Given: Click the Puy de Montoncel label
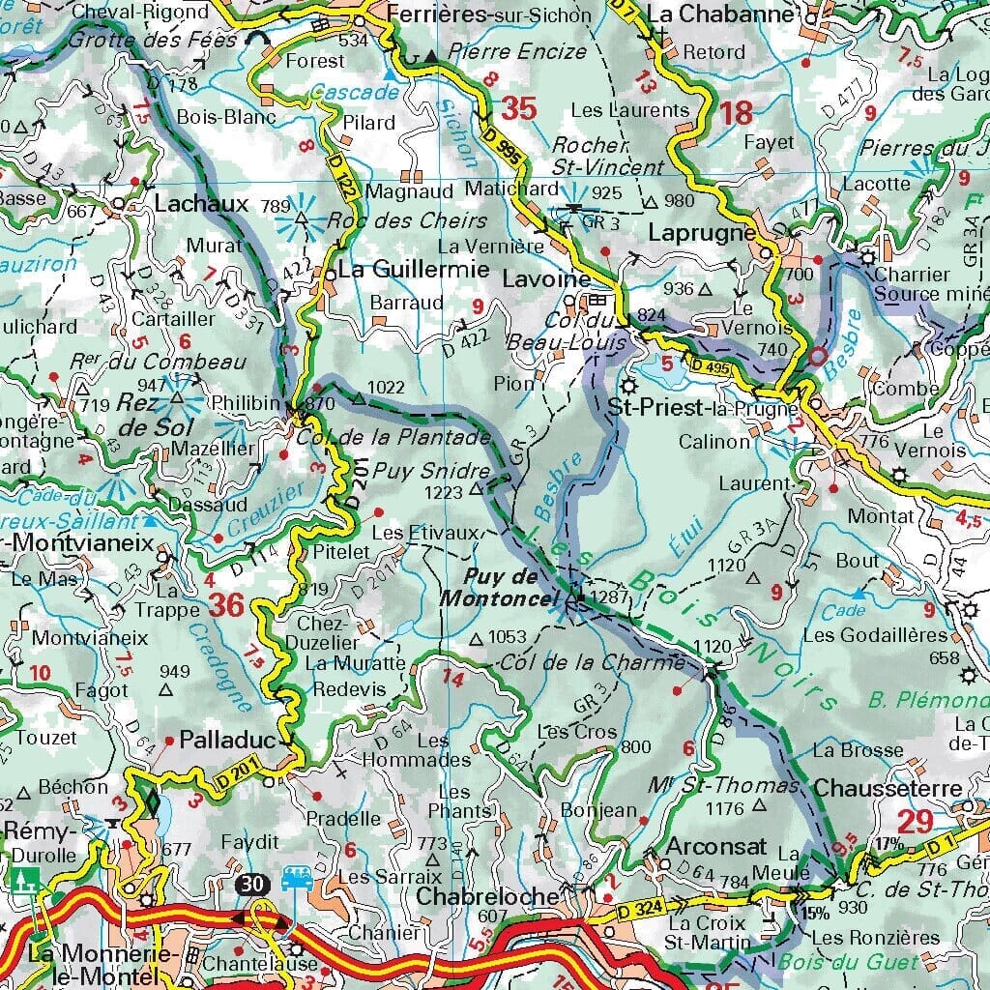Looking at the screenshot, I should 499,588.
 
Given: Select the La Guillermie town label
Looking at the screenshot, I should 414,270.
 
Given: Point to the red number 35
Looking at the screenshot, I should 518,109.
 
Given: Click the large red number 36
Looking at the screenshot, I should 227,606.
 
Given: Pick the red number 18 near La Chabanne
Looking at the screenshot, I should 736,112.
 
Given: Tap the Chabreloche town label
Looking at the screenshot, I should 487,896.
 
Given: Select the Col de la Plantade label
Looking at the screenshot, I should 393,437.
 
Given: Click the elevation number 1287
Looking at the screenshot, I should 611,597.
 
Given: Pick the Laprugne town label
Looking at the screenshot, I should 702,233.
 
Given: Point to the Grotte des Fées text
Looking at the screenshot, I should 126,39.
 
